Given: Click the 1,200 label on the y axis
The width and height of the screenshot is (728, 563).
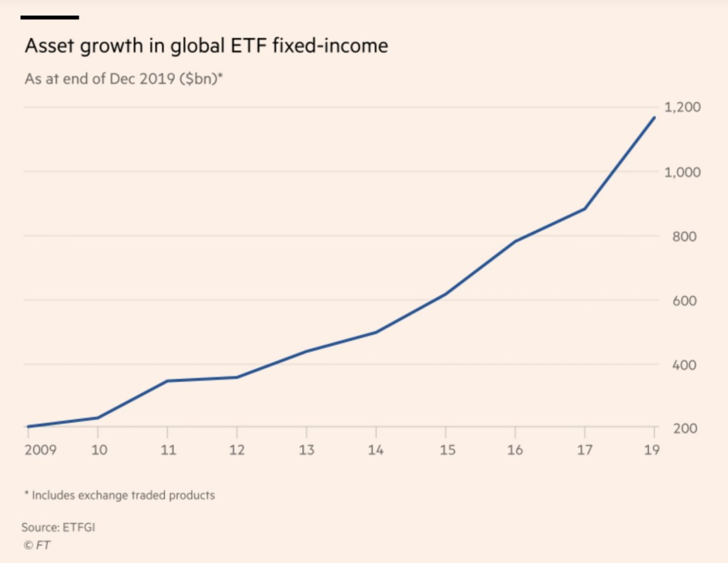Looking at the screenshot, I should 682,107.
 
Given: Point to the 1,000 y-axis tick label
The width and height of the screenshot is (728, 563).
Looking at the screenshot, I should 682,172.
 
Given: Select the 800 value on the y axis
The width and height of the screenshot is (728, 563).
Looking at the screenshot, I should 684,236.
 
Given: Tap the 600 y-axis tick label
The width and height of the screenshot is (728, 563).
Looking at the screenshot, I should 684,301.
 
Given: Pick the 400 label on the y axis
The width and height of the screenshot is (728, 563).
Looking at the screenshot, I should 684,365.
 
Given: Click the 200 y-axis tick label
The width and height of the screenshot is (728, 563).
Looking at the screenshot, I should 684,429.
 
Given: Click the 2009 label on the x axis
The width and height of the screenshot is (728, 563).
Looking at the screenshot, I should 40,450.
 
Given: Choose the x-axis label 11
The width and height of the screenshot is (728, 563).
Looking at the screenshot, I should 168,450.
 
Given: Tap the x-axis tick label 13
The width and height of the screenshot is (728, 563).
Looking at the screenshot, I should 307,450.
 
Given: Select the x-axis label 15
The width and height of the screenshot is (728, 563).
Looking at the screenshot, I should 447,450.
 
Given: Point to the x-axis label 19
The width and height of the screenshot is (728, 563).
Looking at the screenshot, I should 652,450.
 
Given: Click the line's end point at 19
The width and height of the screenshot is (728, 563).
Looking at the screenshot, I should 655,118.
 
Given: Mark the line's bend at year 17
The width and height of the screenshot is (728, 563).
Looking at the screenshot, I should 585,209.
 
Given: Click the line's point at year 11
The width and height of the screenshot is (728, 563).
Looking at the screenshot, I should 167,381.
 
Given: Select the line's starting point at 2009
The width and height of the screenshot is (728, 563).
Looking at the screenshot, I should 28,427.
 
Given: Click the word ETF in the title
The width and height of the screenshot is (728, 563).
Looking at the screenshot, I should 248,45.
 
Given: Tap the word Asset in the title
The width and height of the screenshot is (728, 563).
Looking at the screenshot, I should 49,45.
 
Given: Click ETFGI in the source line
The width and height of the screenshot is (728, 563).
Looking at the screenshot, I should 78,527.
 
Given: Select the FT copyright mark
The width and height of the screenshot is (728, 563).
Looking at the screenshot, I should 37,545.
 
